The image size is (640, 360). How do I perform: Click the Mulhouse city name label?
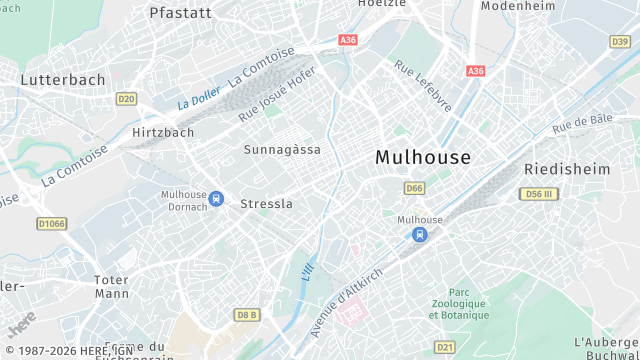point(422,157)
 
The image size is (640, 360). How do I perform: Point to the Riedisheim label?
point(567,169)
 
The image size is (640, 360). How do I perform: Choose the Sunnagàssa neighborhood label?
point(283,149)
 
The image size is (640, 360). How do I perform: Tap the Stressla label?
point(267,203)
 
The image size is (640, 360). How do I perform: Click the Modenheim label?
point(517,6)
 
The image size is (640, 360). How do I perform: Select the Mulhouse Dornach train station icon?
point(217,200)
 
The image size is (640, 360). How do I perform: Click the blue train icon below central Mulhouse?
point(419,235)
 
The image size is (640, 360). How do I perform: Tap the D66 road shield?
point(415,188)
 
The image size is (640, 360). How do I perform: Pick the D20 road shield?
point(126,98)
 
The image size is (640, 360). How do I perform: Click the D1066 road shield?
point(51,223)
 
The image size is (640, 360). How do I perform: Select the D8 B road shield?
point(246,315)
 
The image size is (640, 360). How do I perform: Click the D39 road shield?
point(621,41)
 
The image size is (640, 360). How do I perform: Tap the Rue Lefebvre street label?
point(422,86)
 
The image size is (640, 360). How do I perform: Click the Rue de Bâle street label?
point(582,125)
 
